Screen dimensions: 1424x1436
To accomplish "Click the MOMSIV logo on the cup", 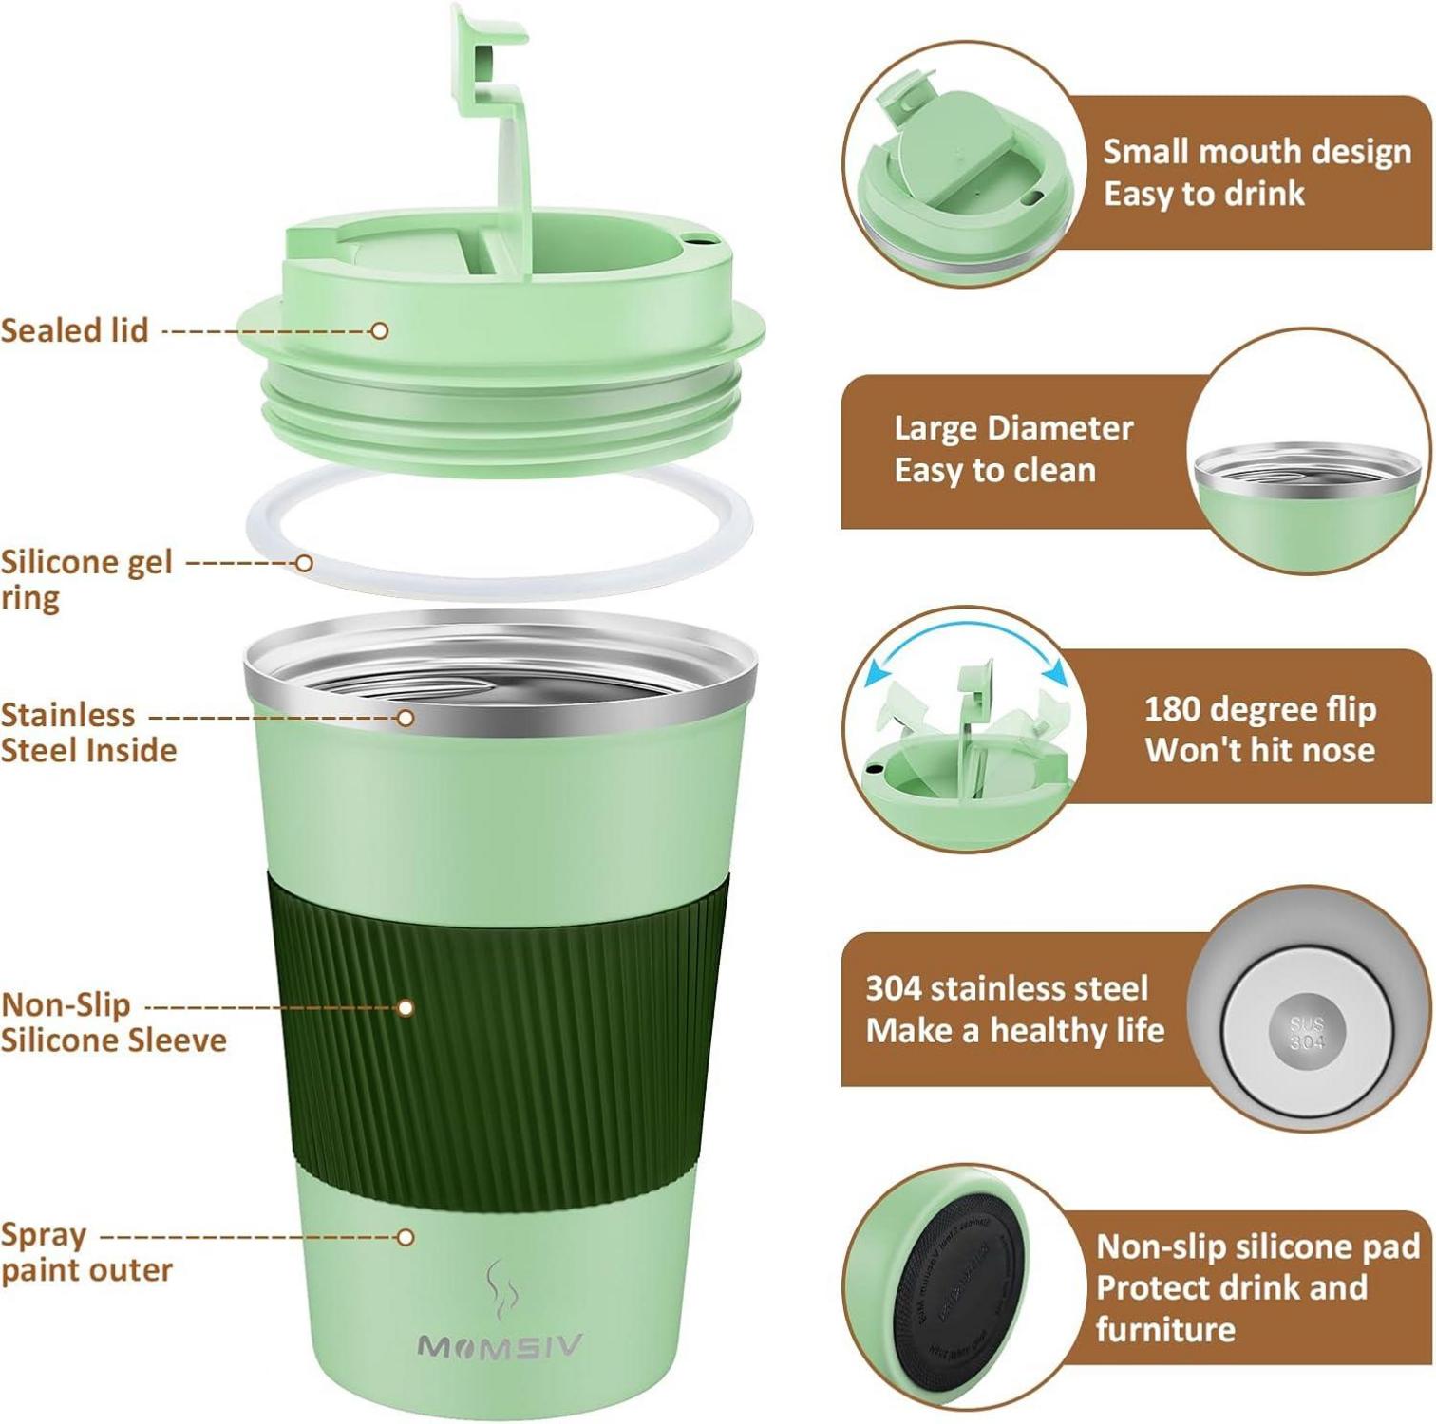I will [x=500, y=1346].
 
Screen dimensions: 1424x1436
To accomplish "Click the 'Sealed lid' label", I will [x=75, y=330].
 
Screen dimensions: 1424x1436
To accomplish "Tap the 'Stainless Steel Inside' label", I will [x=87, y=732].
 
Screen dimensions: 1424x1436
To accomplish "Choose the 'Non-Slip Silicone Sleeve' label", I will [x=112, y=1022].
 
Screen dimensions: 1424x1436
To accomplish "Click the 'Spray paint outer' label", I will [x=85, y=1252].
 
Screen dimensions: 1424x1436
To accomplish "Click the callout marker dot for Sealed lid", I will [x=380, y=330].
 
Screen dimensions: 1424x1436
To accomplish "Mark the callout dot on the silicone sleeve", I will [x=406, y=1007].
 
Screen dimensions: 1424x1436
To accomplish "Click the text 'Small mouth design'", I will [x=1256, y=152].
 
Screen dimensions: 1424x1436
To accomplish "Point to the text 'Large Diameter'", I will [x=1013, y=428].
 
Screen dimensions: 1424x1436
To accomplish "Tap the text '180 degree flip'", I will [x=1259, y=709].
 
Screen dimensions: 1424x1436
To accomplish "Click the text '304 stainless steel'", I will [x=1007, y=988].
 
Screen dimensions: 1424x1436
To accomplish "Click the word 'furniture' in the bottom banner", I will [x=1165, y=1329].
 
